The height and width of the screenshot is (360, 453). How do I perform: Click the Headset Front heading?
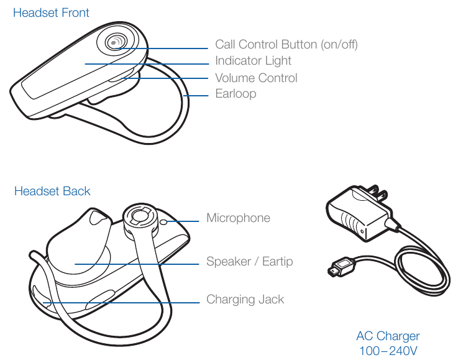coord(51,12)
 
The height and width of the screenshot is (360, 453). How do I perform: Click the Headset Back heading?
coord(52,191)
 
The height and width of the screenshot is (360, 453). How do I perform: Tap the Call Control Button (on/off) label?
coord(286,45)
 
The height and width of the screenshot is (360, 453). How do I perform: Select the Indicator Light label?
coord(253,61)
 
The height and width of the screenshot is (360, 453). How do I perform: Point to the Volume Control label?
coord(256,78)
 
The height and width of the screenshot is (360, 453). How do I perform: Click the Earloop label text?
coord(236,94)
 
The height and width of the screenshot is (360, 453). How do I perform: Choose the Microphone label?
coord(239,218)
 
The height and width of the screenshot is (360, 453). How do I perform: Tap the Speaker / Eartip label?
coord(250,262)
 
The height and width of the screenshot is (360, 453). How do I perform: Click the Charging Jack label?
coord(245,299)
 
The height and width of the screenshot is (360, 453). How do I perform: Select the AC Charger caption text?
coord(388,336)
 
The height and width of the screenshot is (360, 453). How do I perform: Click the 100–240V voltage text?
coord(388,351)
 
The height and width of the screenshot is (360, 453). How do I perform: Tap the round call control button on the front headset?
coord(116,42)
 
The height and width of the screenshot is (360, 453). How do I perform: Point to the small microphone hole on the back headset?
coord(164,222)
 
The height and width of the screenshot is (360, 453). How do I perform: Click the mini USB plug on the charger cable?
coord(340,267)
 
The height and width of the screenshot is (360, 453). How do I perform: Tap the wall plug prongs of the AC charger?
coord(377,193)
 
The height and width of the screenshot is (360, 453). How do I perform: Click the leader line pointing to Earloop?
coord(196,95)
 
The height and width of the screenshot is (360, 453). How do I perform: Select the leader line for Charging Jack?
coord(121,303)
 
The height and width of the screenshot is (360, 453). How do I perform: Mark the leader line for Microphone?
coord(183,221)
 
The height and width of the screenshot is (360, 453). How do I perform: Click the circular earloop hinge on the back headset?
coord(140,218)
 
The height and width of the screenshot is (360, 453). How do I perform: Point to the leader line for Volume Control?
coord(165,78)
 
